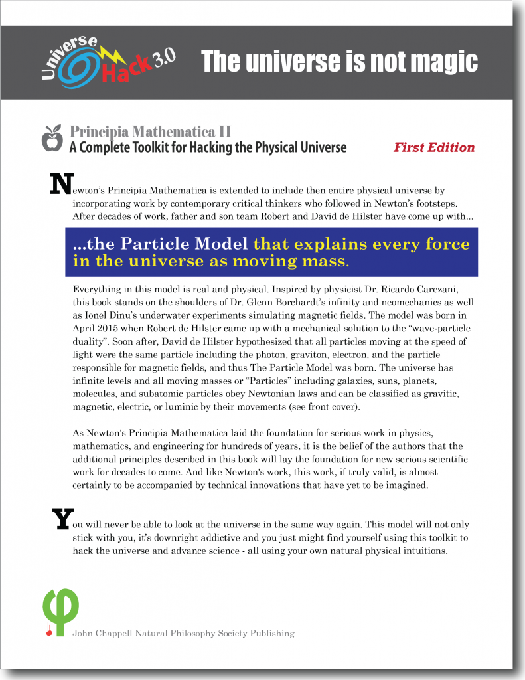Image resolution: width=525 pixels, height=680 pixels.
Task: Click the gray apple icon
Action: (x=52, y=137)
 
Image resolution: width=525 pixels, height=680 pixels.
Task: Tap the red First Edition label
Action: (x=434, y=147)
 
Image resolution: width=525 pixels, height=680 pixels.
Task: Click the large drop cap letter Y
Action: (x=61, y=519)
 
